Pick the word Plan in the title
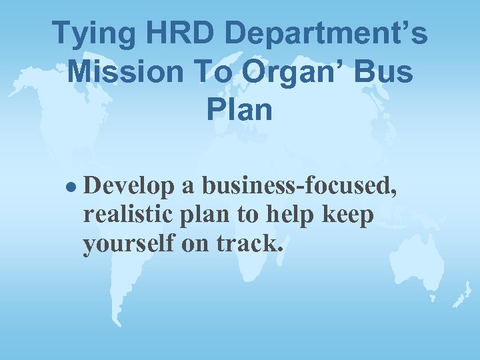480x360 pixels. coord(239,108)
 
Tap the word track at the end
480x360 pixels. coord(255,245)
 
